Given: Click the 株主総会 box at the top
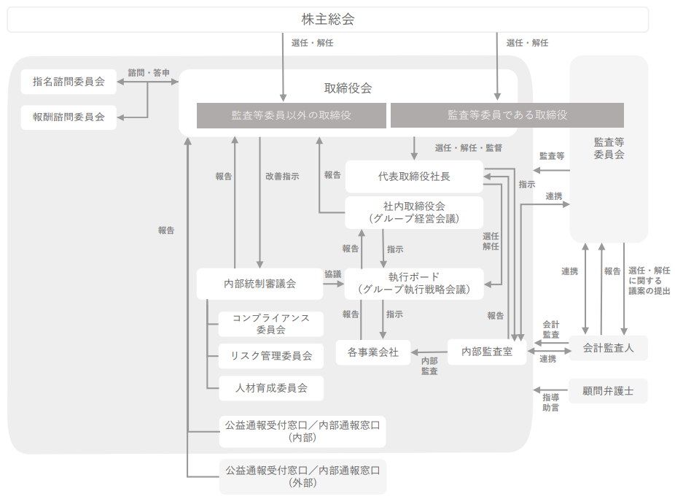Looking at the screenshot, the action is (x=327, y=20).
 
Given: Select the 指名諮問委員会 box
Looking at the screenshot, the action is (x=69, y=82).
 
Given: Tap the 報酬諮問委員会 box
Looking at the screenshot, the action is (x=69, y=117).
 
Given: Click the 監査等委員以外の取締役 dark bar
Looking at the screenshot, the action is (x=291, y=115).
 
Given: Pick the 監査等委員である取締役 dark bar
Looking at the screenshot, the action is (x=507, y=115).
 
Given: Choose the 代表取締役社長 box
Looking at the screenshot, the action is (x=414, y=177).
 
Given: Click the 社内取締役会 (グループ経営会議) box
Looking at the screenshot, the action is (x=414, y=212).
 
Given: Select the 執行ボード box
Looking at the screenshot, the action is (x=414, y=283).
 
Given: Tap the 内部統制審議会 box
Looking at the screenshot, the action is (x=260, y=284).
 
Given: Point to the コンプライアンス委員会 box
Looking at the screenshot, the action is (x=270, y=324).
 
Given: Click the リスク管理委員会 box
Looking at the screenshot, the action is (x=270, y=356).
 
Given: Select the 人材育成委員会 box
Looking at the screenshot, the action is (x=270, y=388).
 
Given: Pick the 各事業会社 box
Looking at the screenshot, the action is (x=372, y=352).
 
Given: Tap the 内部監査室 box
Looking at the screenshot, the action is (x=487, y=352).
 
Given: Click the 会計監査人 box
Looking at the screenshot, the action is (x=608, y=348).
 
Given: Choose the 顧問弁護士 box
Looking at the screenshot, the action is (x=608, y=391).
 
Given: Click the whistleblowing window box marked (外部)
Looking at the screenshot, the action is (x=303, y=476).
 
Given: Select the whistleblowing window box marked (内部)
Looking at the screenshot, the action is (x=303, y=431).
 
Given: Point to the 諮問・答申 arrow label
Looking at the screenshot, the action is (x=149, y=73).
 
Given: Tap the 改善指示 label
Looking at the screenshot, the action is (x=282, y=177).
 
